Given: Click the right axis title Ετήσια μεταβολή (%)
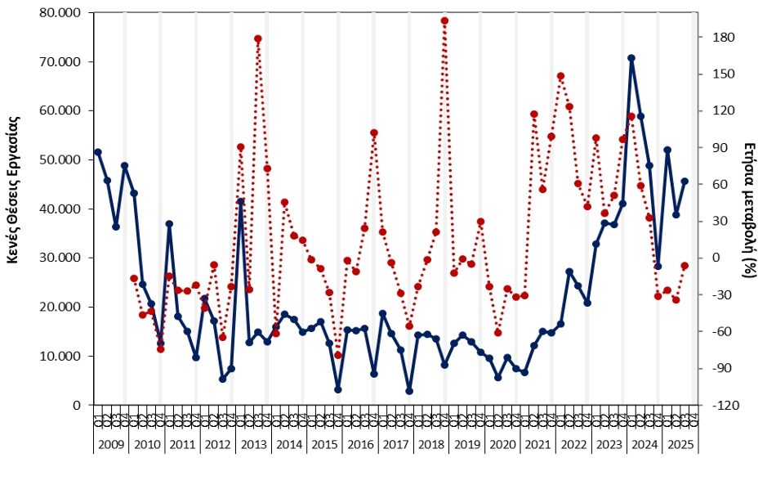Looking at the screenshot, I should (751, 209).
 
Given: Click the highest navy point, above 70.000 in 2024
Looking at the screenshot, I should (631, 58).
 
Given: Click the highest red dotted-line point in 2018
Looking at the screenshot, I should (444, 20).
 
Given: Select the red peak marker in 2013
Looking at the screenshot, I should (257, 38).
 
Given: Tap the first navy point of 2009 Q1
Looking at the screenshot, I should (98, 152).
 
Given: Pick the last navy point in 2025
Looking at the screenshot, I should (685, 182).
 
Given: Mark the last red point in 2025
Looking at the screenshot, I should (685, 266).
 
